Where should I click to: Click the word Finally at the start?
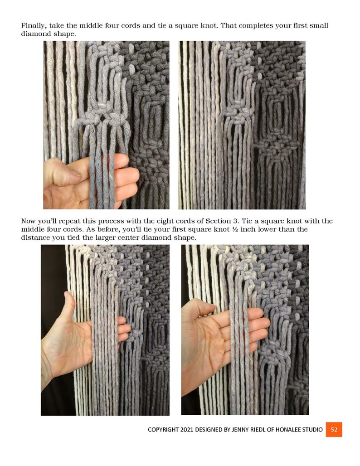[x=33, y=26]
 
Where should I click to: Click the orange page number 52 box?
[x=334, y=429]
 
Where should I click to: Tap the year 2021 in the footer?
[x=192, y=430]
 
